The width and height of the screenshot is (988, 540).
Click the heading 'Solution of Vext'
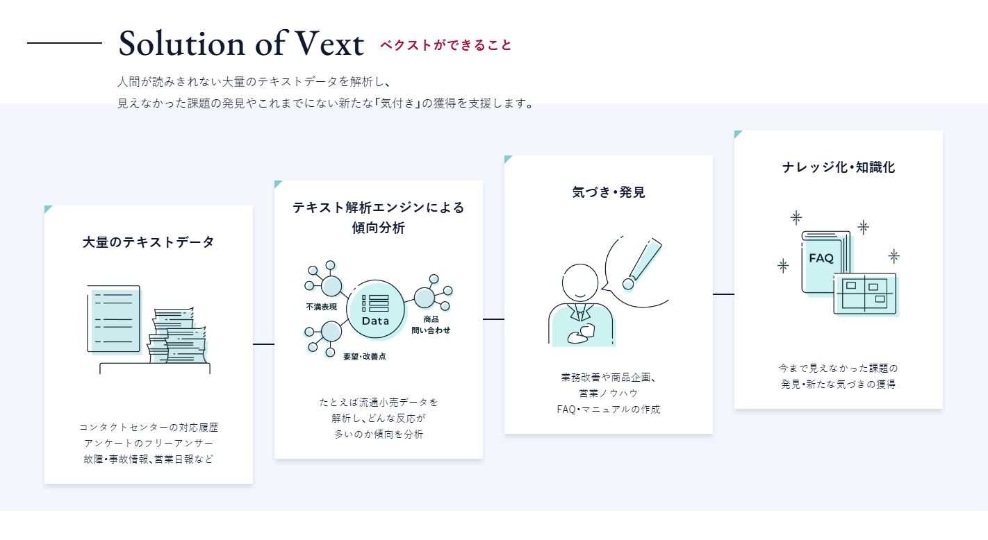point(241,44)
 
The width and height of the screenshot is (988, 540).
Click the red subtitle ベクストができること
point(445,45)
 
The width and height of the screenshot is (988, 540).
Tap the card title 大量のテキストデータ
point(149,242)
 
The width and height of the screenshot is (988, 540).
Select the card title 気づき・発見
point(609,192)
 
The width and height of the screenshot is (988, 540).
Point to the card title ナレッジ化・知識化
point(839,167)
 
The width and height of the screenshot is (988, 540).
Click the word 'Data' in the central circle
point(375,321)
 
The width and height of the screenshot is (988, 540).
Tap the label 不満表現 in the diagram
point(321,307)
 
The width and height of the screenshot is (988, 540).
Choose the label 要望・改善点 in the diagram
point(364,356)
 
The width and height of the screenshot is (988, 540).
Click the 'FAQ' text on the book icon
point(821,258)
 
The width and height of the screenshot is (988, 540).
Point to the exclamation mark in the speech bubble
point(643,263)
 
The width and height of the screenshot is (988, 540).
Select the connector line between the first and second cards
point(263,344)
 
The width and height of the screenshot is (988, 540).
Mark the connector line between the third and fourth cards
point(723,294)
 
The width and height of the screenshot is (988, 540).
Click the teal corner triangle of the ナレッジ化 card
point(737,133)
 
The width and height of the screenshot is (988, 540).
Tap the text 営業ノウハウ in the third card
point(609,394)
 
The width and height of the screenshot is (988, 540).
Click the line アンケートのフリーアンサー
point(149,443)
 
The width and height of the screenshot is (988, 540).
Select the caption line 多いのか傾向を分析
point(379,434)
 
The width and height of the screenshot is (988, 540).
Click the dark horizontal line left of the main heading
point(65,43)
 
